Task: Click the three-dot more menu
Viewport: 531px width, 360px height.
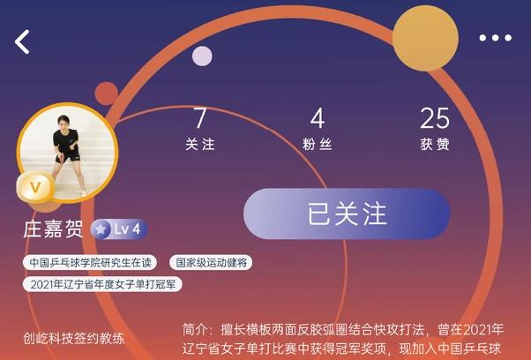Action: (495, 38)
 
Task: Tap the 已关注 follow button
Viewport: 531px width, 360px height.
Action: (347, 214)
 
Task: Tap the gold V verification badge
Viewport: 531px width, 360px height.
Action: (35, 187)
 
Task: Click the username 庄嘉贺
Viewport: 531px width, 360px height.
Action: (53, 229)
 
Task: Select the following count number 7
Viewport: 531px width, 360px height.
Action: (200, 117)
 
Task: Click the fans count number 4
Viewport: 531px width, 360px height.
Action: (318, 117)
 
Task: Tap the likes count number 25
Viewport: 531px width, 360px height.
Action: (435, 117)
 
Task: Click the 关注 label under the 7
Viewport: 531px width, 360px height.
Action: (200, 144)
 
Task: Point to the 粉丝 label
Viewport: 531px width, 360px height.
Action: (318, 144)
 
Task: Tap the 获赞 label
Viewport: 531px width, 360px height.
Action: (435, 144)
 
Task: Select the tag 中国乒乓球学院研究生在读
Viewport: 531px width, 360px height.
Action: (91, 262)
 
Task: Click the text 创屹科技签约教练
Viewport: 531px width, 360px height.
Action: (74, 338)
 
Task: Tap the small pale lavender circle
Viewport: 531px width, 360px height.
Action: (202, 56)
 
